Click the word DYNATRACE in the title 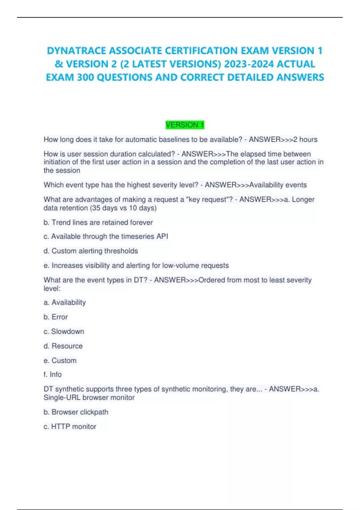point(76,51)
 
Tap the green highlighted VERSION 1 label point(185,125)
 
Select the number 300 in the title point(86,77)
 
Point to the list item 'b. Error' point(55,317)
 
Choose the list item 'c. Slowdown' point(64,331)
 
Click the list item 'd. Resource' point(63,346)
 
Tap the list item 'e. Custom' point(60,360)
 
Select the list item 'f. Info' point(52,374)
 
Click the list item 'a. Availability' point(64,302)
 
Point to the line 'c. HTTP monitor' point(70,426)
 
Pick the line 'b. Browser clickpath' point(76,412)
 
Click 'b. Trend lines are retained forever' point(98,222)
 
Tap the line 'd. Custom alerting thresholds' point(91,251)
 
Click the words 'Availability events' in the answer point(278,185)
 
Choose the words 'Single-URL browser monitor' point(89,397)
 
